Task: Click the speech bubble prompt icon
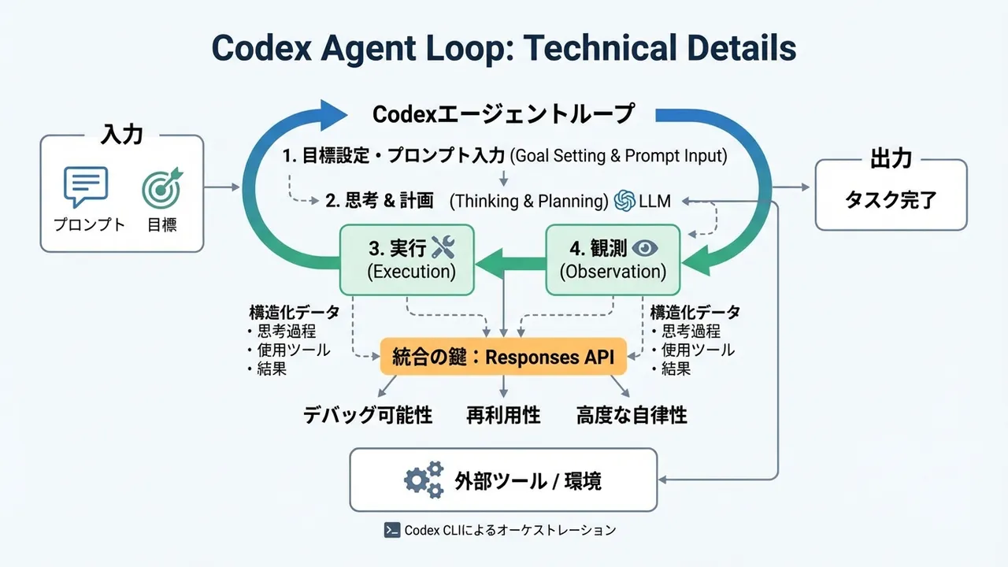pyautogui.click(x=85, y=187)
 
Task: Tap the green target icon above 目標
pyautogui.click(x=161, y=187)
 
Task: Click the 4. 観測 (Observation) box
pyautogui.click(x=613, y=260)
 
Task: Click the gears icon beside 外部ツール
pyautogui.click(x=424, y=480)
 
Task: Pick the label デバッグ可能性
pyautogui.click(x=369, y=415)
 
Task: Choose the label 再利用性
pyautogui.click(x=503, y=415)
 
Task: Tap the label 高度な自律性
pyautogui.click(x=632, y=415)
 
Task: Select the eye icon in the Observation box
pyautogui.click(x=646, y=249)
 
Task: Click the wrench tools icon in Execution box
pyautogui.click(x=443, y=249)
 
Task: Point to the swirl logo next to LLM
pyautogui.click(x=624, y=201)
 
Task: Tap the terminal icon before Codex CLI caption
pyautogui.click(x=392, y=530)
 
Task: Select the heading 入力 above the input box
pyautogui.click(x=122, y=135)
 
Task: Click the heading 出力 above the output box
pyautogui.click(x=891, y=159)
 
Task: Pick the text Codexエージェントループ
pyautogui.click(x=503, y=114)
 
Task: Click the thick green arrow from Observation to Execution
pyautogui.click(x=512, y=261)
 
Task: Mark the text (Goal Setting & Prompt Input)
pyautogui.click(x=618, y=156)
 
